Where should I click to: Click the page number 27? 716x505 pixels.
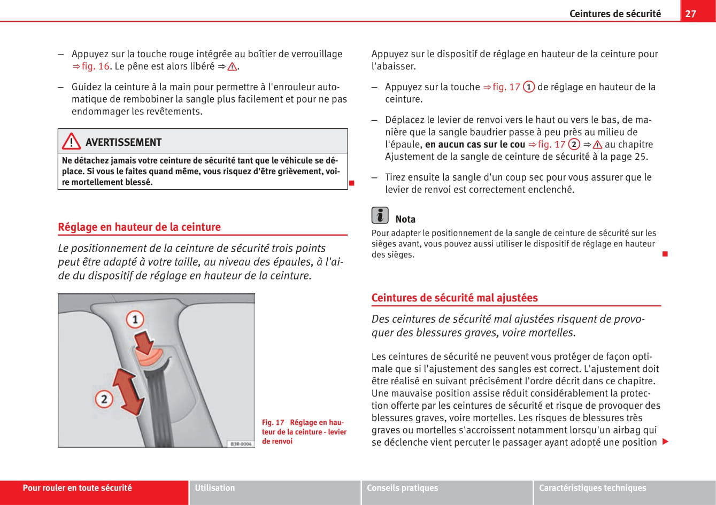coord(690,13)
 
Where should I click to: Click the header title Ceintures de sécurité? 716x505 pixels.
coord(615,14)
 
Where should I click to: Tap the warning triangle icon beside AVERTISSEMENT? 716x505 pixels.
coord(71,142)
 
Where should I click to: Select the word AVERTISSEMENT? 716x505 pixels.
coord(124,142)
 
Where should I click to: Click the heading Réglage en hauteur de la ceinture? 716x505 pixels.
coord(139,227)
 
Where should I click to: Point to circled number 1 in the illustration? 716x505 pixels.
coord(135,320)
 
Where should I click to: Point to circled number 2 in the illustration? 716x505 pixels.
coord(104,399)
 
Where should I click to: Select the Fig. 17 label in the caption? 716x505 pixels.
coord(273,423)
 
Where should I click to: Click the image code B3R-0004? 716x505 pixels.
coord(241,444)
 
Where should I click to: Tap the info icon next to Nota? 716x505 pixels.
coord(380,215)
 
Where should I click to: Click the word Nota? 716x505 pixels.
coord(405,219)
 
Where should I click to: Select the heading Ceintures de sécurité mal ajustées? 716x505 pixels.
coord(455,298)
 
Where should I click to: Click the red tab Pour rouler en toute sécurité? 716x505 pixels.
coord(77,488)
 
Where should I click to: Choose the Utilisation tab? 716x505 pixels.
coord(215,488)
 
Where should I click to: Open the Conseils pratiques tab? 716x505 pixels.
coord(402,488)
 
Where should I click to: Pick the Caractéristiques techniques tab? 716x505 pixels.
coord(592,488)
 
